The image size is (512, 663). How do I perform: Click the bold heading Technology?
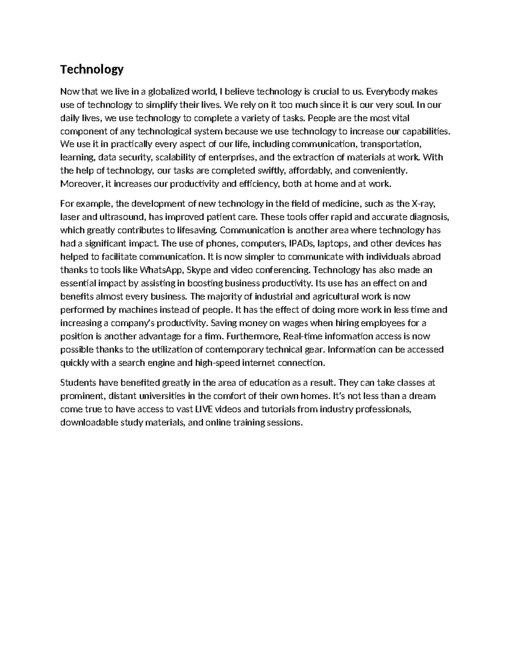tap(92, 69)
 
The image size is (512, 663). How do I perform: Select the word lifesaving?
tap(198, 230)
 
